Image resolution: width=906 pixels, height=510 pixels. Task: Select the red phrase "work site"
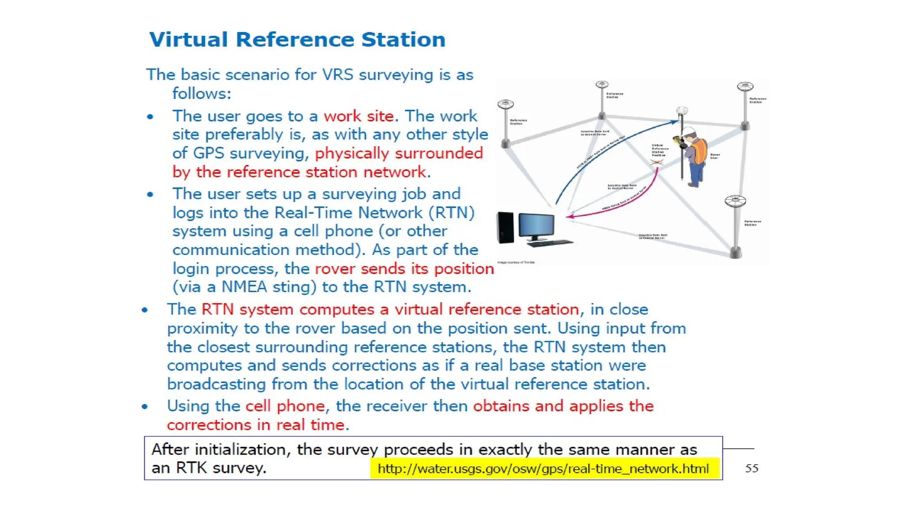pos(358,116)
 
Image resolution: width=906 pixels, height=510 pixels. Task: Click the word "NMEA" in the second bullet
pos(244,287)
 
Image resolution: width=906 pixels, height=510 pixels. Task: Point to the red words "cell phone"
pos(285,406)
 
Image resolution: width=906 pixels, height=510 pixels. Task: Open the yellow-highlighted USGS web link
pos(543,469)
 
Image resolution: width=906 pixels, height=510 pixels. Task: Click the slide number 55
pos(752,468)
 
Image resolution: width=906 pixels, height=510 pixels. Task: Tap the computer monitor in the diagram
pos(536,225)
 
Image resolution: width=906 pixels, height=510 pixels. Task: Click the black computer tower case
pos(505,228)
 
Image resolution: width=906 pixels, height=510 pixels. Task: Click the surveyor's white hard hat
pos(689,131)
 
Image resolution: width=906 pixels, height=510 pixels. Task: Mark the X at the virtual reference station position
pos(657,162)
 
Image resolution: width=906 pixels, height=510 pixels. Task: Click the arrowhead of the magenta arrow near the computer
pos(570,216)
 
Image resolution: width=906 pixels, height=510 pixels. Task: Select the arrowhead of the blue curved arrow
pos(676,121)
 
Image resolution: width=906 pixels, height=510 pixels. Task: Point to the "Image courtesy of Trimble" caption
pos(516,263)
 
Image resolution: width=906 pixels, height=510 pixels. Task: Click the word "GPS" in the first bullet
pos(208,153)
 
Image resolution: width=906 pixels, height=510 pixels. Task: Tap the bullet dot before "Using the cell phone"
pos(145,406)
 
